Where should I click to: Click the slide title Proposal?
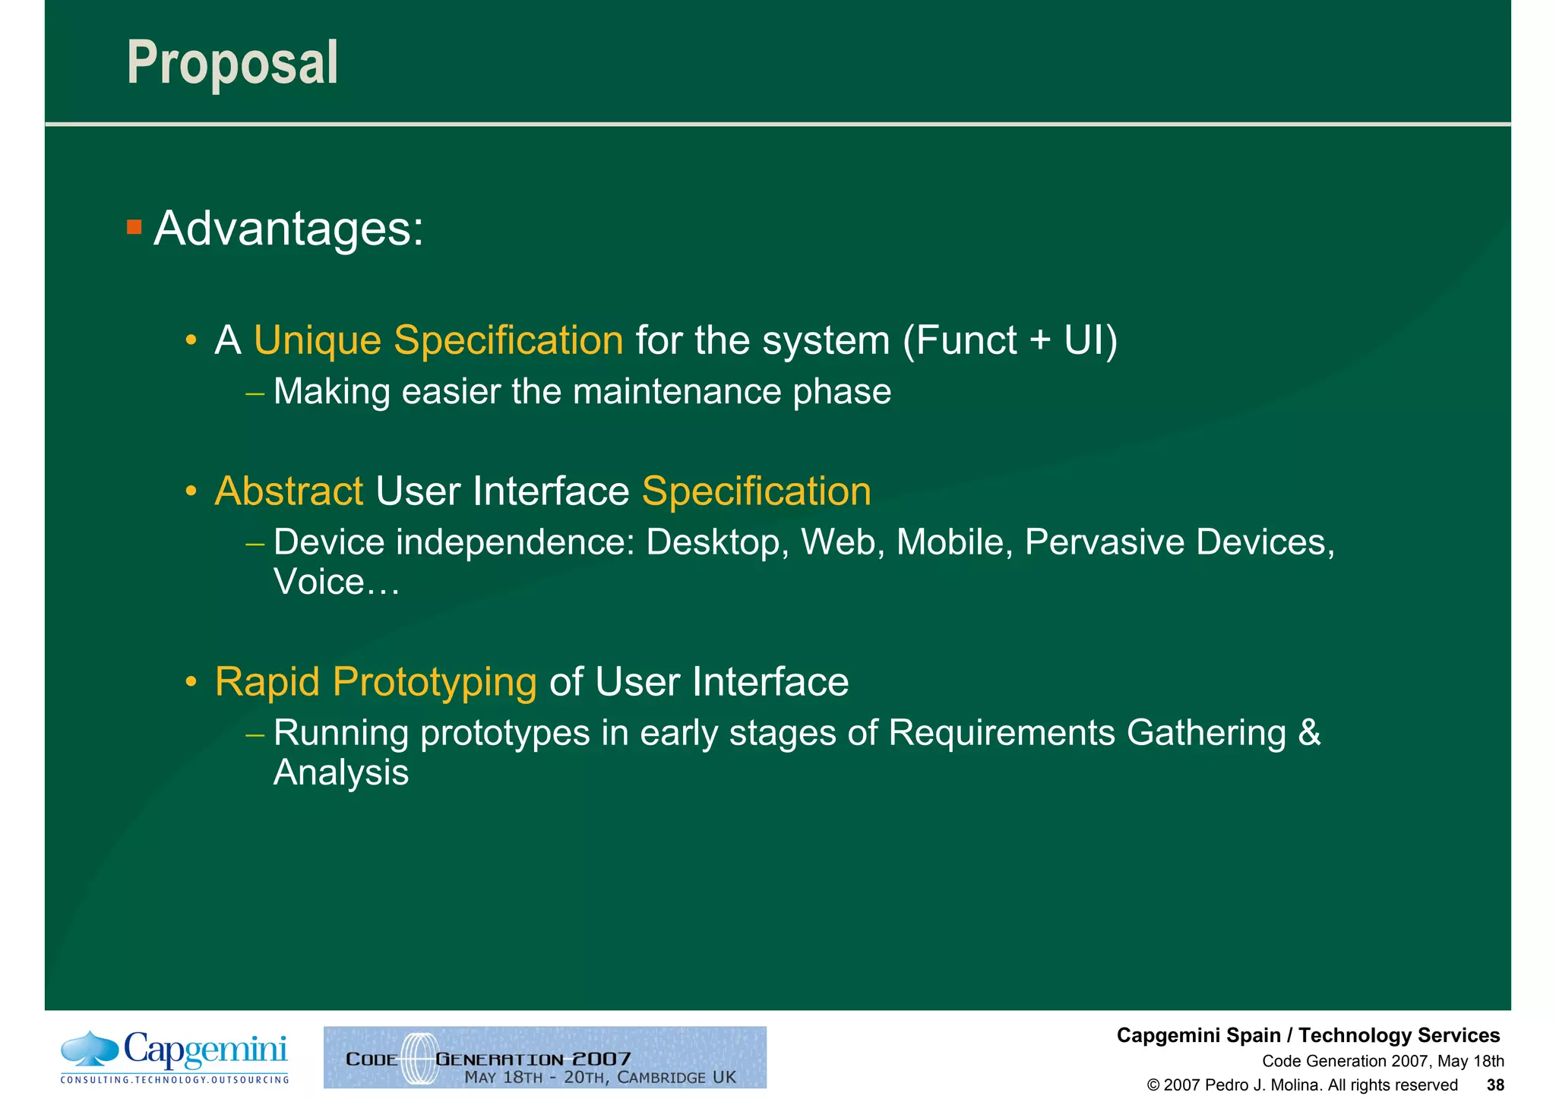point(232,63)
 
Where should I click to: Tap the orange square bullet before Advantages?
point(134,226)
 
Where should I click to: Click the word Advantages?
point(288,228)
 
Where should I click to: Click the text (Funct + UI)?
point(1010,340)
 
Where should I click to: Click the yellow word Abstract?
point(289,491)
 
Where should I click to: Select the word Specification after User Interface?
point(756,491)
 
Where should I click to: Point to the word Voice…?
point(336,583)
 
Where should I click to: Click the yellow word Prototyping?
point(435,681)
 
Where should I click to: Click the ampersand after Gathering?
point(1309,733)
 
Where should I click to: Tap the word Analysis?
point(340,772)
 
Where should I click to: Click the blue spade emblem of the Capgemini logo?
point(90,1049)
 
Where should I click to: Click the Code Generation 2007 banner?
point(545,1057)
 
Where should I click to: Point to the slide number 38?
point(1494,1085)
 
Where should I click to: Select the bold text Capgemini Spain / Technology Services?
point(1308,1035)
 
